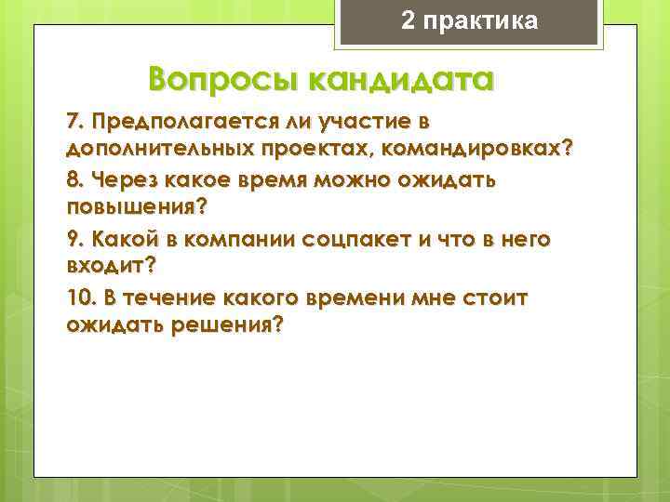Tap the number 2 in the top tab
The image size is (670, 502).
tap(409, 20)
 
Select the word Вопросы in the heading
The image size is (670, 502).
tap(216, 81)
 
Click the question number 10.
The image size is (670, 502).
tap(80, 297)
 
